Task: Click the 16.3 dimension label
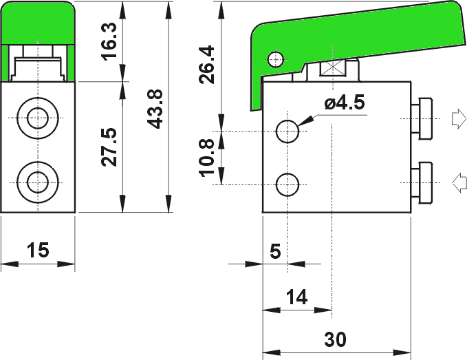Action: (109, 41)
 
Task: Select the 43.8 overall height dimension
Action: (155, 109)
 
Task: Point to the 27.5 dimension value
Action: (109, 147)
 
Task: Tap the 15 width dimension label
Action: (38, 250)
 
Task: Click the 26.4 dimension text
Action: (207, 65)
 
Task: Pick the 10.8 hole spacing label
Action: (207, 158)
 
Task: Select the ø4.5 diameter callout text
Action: (345, 103)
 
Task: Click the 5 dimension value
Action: (276, 251)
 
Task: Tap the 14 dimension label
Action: (296, 297)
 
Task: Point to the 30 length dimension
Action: (336, 339)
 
